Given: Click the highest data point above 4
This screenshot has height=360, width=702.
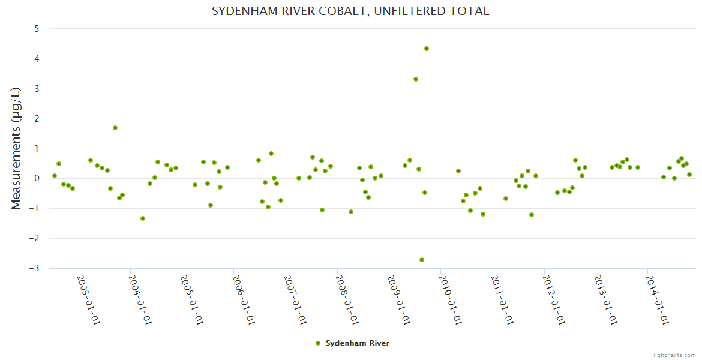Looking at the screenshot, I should click(427, 49).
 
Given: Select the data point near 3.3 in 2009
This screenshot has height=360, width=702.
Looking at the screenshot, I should click(416, 79).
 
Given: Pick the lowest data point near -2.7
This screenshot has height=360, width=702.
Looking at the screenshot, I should click(422, 260).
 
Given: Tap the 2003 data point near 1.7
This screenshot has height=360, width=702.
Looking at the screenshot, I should click(115, 128).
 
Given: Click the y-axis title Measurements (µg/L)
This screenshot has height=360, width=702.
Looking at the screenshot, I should click(16, 148).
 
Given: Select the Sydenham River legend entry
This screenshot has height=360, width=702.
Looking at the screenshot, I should click(357, 343).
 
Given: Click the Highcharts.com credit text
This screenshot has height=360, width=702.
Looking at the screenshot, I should click(673, 355).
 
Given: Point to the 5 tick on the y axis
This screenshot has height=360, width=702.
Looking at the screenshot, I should click(37, 29).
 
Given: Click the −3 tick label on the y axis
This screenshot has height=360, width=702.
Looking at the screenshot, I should click(35, 268).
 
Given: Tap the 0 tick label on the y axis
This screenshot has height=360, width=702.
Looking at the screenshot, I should click(37, 178).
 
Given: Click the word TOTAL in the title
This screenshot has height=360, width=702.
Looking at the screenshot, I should click(468, 11).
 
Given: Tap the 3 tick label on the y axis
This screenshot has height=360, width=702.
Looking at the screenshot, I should click(37, 89).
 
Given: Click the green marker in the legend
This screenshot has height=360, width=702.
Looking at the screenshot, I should click(318, 343).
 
